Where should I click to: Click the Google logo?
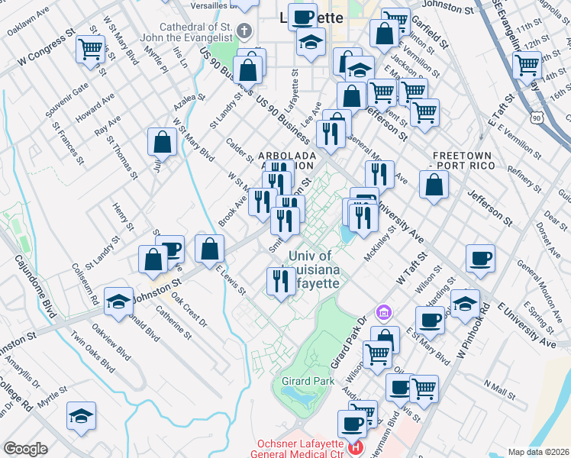[25, 449]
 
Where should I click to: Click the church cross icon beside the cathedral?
[244, 32]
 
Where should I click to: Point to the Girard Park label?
[305, 380]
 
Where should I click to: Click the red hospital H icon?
[355, 448]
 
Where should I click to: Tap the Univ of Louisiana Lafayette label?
[311, 269]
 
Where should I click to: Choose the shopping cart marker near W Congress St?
[91, 50]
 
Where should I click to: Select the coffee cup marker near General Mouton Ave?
[481, 259]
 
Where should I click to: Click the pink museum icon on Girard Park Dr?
[383, 312]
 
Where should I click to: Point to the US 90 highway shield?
[537, 118]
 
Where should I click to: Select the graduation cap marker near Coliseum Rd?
[119, 302]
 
